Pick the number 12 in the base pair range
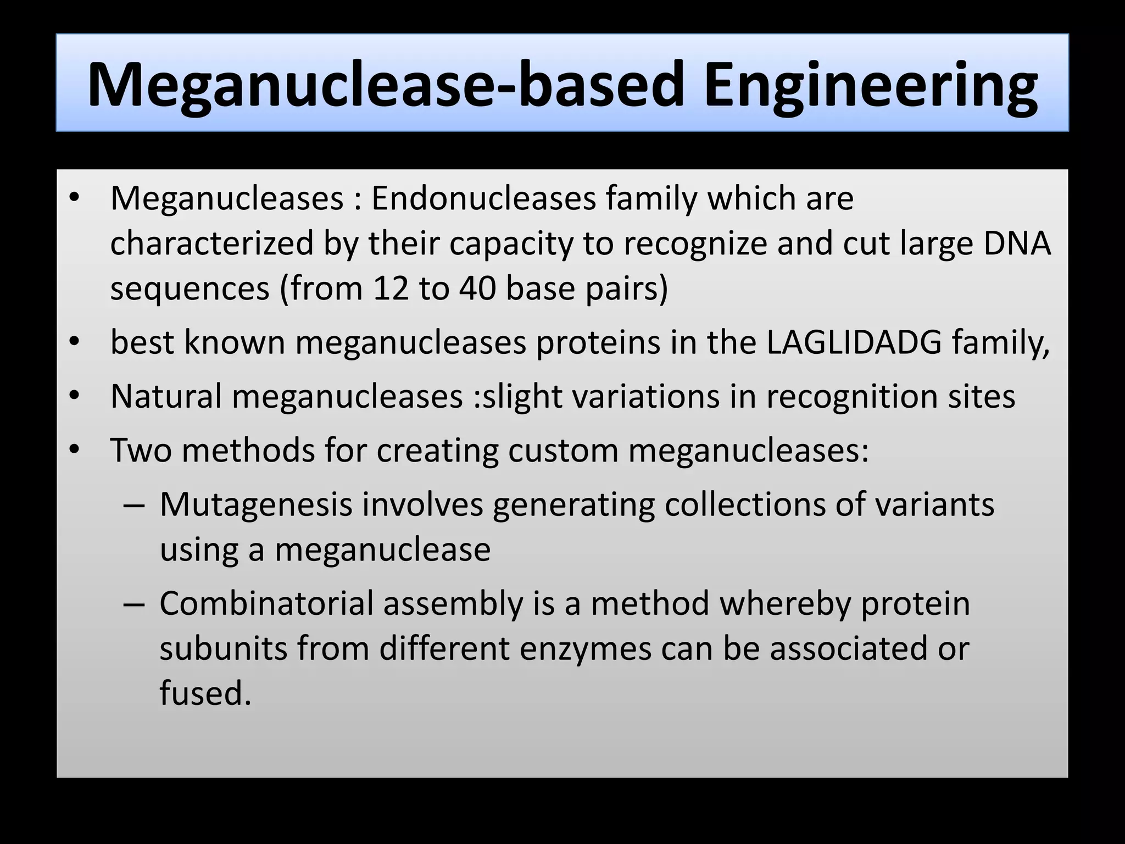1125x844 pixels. click(x=391, y=288)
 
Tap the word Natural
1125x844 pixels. click(x=166, y=396)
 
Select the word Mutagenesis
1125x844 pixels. click(x=255, y=504)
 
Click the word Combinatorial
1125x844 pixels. click(x=266, y=603)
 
